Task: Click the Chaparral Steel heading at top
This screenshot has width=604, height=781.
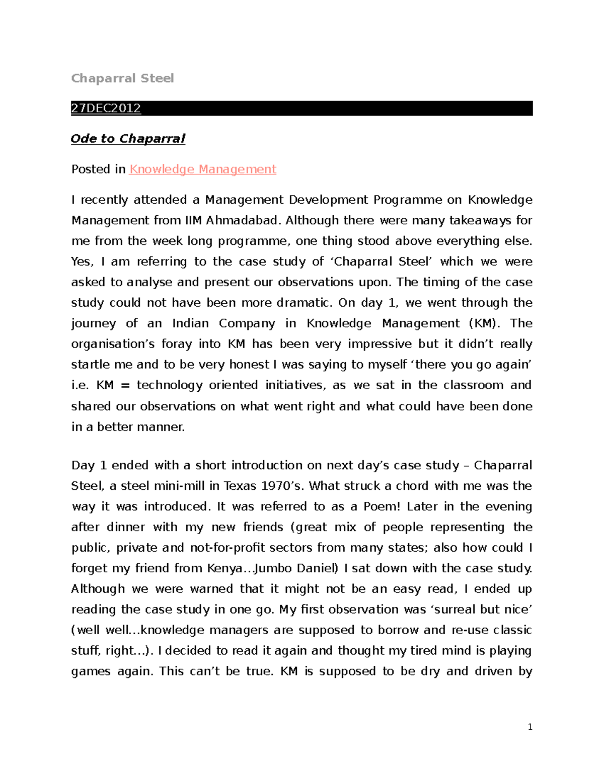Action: (122, 78)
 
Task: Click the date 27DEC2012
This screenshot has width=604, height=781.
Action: (106, 108)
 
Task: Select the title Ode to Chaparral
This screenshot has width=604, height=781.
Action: (128, 139)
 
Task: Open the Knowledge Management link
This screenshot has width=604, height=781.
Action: (202, 169)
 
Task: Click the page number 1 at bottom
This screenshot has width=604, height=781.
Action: (530, 727)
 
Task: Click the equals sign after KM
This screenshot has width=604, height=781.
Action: (125, 385)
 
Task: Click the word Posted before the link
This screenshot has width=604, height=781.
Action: (91, 169)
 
